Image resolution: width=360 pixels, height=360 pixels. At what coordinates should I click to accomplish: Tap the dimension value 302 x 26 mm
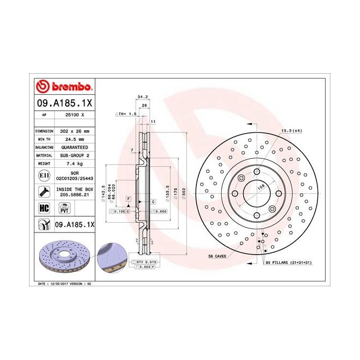[x=75, y=131]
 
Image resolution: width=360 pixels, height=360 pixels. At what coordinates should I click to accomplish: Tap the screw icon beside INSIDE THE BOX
[x=43, y=191]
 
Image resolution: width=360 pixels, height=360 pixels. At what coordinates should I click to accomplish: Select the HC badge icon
[x=43, y=207]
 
